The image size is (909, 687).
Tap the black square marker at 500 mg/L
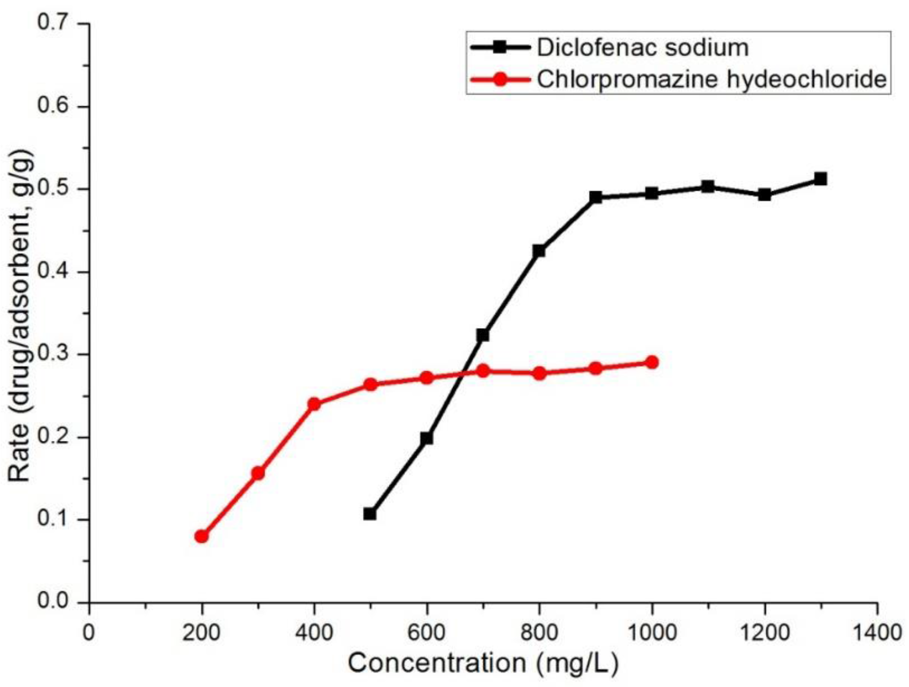click(370, 514)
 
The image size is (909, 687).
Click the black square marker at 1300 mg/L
click(821, 179)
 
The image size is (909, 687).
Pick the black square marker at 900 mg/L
click(596, 197)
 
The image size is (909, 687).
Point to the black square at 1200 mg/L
click(764, 195)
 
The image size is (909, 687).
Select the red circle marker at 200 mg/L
click(202, 536)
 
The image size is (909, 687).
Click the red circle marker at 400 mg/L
click(314, 404)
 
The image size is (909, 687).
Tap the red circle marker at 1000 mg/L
click(652, 362)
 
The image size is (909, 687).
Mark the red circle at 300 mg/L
click(258, 473)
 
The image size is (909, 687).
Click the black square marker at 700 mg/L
click(483, 335)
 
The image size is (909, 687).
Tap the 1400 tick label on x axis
click(877, 632)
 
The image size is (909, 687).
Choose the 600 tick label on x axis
click(426, 632)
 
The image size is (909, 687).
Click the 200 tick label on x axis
click(202, 632)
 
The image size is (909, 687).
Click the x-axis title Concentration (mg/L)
click(483, 663)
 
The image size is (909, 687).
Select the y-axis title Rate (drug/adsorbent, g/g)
click(20, 316)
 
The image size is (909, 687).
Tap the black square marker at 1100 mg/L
click(708, 186)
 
